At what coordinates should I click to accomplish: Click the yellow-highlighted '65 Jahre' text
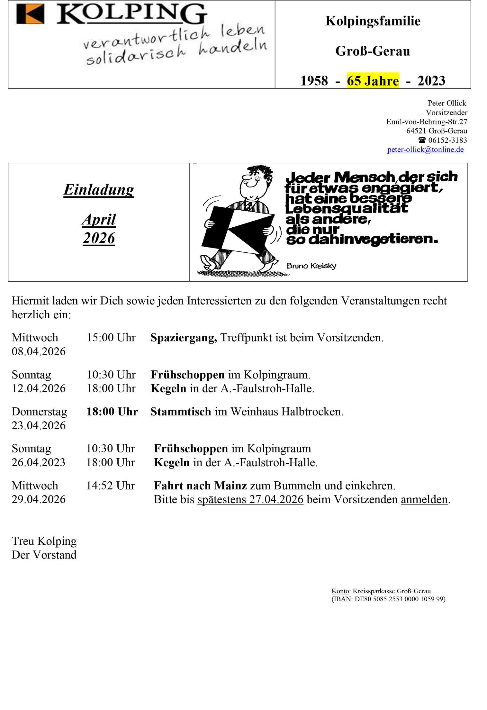373,81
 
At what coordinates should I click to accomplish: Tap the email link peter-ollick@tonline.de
425,150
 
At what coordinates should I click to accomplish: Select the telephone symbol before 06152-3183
422,140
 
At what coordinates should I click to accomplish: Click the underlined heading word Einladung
99,189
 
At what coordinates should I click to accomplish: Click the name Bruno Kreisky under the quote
311,266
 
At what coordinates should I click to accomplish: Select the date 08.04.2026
39,351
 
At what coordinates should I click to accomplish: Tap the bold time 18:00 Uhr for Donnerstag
112,412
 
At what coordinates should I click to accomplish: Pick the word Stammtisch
181,412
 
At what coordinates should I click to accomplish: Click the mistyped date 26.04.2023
39,462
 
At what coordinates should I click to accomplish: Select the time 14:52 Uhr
110,486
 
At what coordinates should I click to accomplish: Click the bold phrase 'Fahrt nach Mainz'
200,486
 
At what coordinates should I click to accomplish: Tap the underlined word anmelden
424,499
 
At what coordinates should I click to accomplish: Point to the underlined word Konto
340,591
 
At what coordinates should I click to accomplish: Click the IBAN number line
388,599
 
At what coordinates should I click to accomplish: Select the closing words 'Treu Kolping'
44,541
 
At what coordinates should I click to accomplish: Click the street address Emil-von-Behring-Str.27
426,122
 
